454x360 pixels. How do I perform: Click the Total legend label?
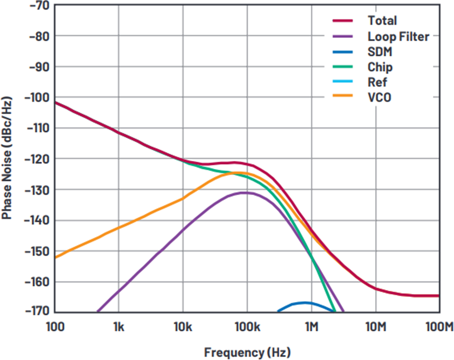[382, 21]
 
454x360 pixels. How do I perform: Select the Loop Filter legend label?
[398, 36]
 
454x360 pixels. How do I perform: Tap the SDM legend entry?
[380, 51]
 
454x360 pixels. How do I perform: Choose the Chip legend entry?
[380, 67]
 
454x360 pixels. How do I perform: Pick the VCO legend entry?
[379, 97]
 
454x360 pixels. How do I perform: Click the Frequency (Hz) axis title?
[247, 351]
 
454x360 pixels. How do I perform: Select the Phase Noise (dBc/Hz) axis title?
[7, 158]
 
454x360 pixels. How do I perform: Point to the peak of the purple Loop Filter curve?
[245, 193]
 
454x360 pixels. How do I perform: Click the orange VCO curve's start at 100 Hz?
[55, 257]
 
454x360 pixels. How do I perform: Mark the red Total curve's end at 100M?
[438, 296]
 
